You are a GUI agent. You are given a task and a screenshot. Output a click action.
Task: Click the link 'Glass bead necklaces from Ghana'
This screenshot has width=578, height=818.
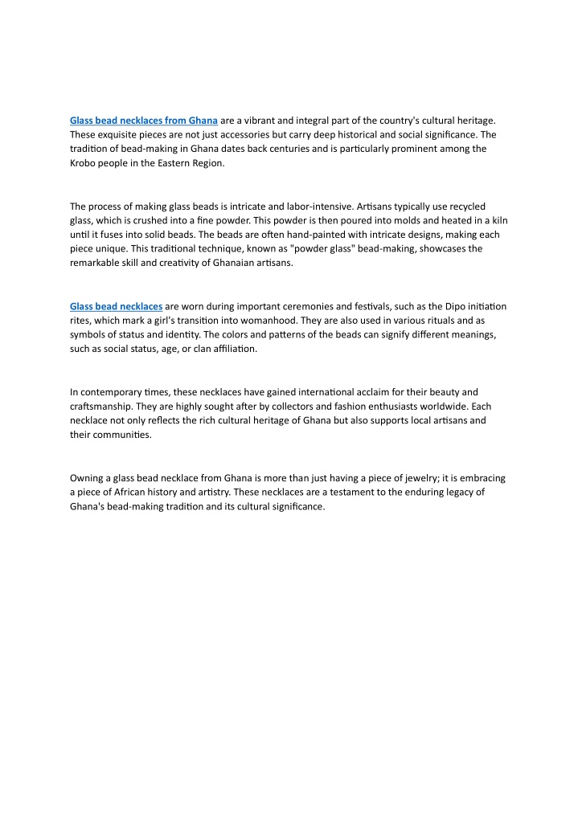[x=144, y=120]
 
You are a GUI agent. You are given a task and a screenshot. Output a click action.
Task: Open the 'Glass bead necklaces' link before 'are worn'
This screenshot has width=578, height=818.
[x=117, y=306]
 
